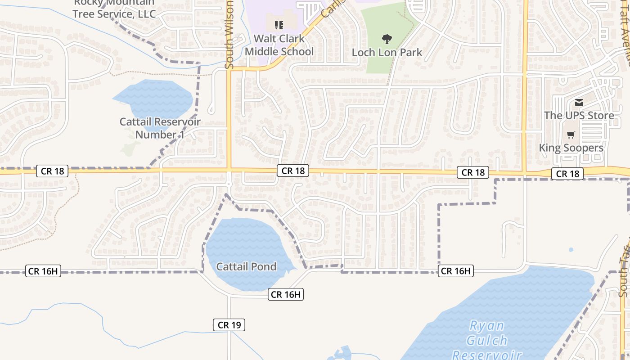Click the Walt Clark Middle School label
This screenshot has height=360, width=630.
(279, 45)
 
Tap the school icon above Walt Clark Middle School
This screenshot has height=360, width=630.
(279, 25)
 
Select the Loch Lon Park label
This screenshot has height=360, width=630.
(387, 52)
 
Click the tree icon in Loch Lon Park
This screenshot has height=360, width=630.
(387, 39)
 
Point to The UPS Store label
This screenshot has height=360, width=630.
(579, 115)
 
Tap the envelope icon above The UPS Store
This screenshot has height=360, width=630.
(579, 103)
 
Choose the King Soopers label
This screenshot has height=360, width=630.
(571, 148)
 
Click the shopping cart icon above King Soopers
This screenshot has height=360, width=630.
(571, 135)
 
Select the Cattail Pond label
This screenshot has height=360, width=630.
(246, 266)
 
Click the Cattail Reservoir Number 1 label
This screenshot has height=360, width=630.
(160, 128)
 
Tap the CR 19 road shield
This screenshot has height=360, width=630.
(229, 325)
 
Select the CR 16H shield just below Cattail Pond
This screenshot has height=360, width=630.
(286, 294)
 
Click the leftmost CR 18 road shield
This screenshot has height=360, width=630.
(53, 171)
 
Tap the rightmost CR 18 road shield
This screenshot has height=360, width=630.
(567, 174)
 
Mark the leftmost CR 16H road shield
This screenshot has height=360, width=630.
(43, 271)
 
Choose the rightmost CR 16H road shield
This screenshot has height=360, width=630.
(455, 271)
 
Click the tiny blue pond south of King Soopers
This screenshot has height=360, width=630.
(571, 249)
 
